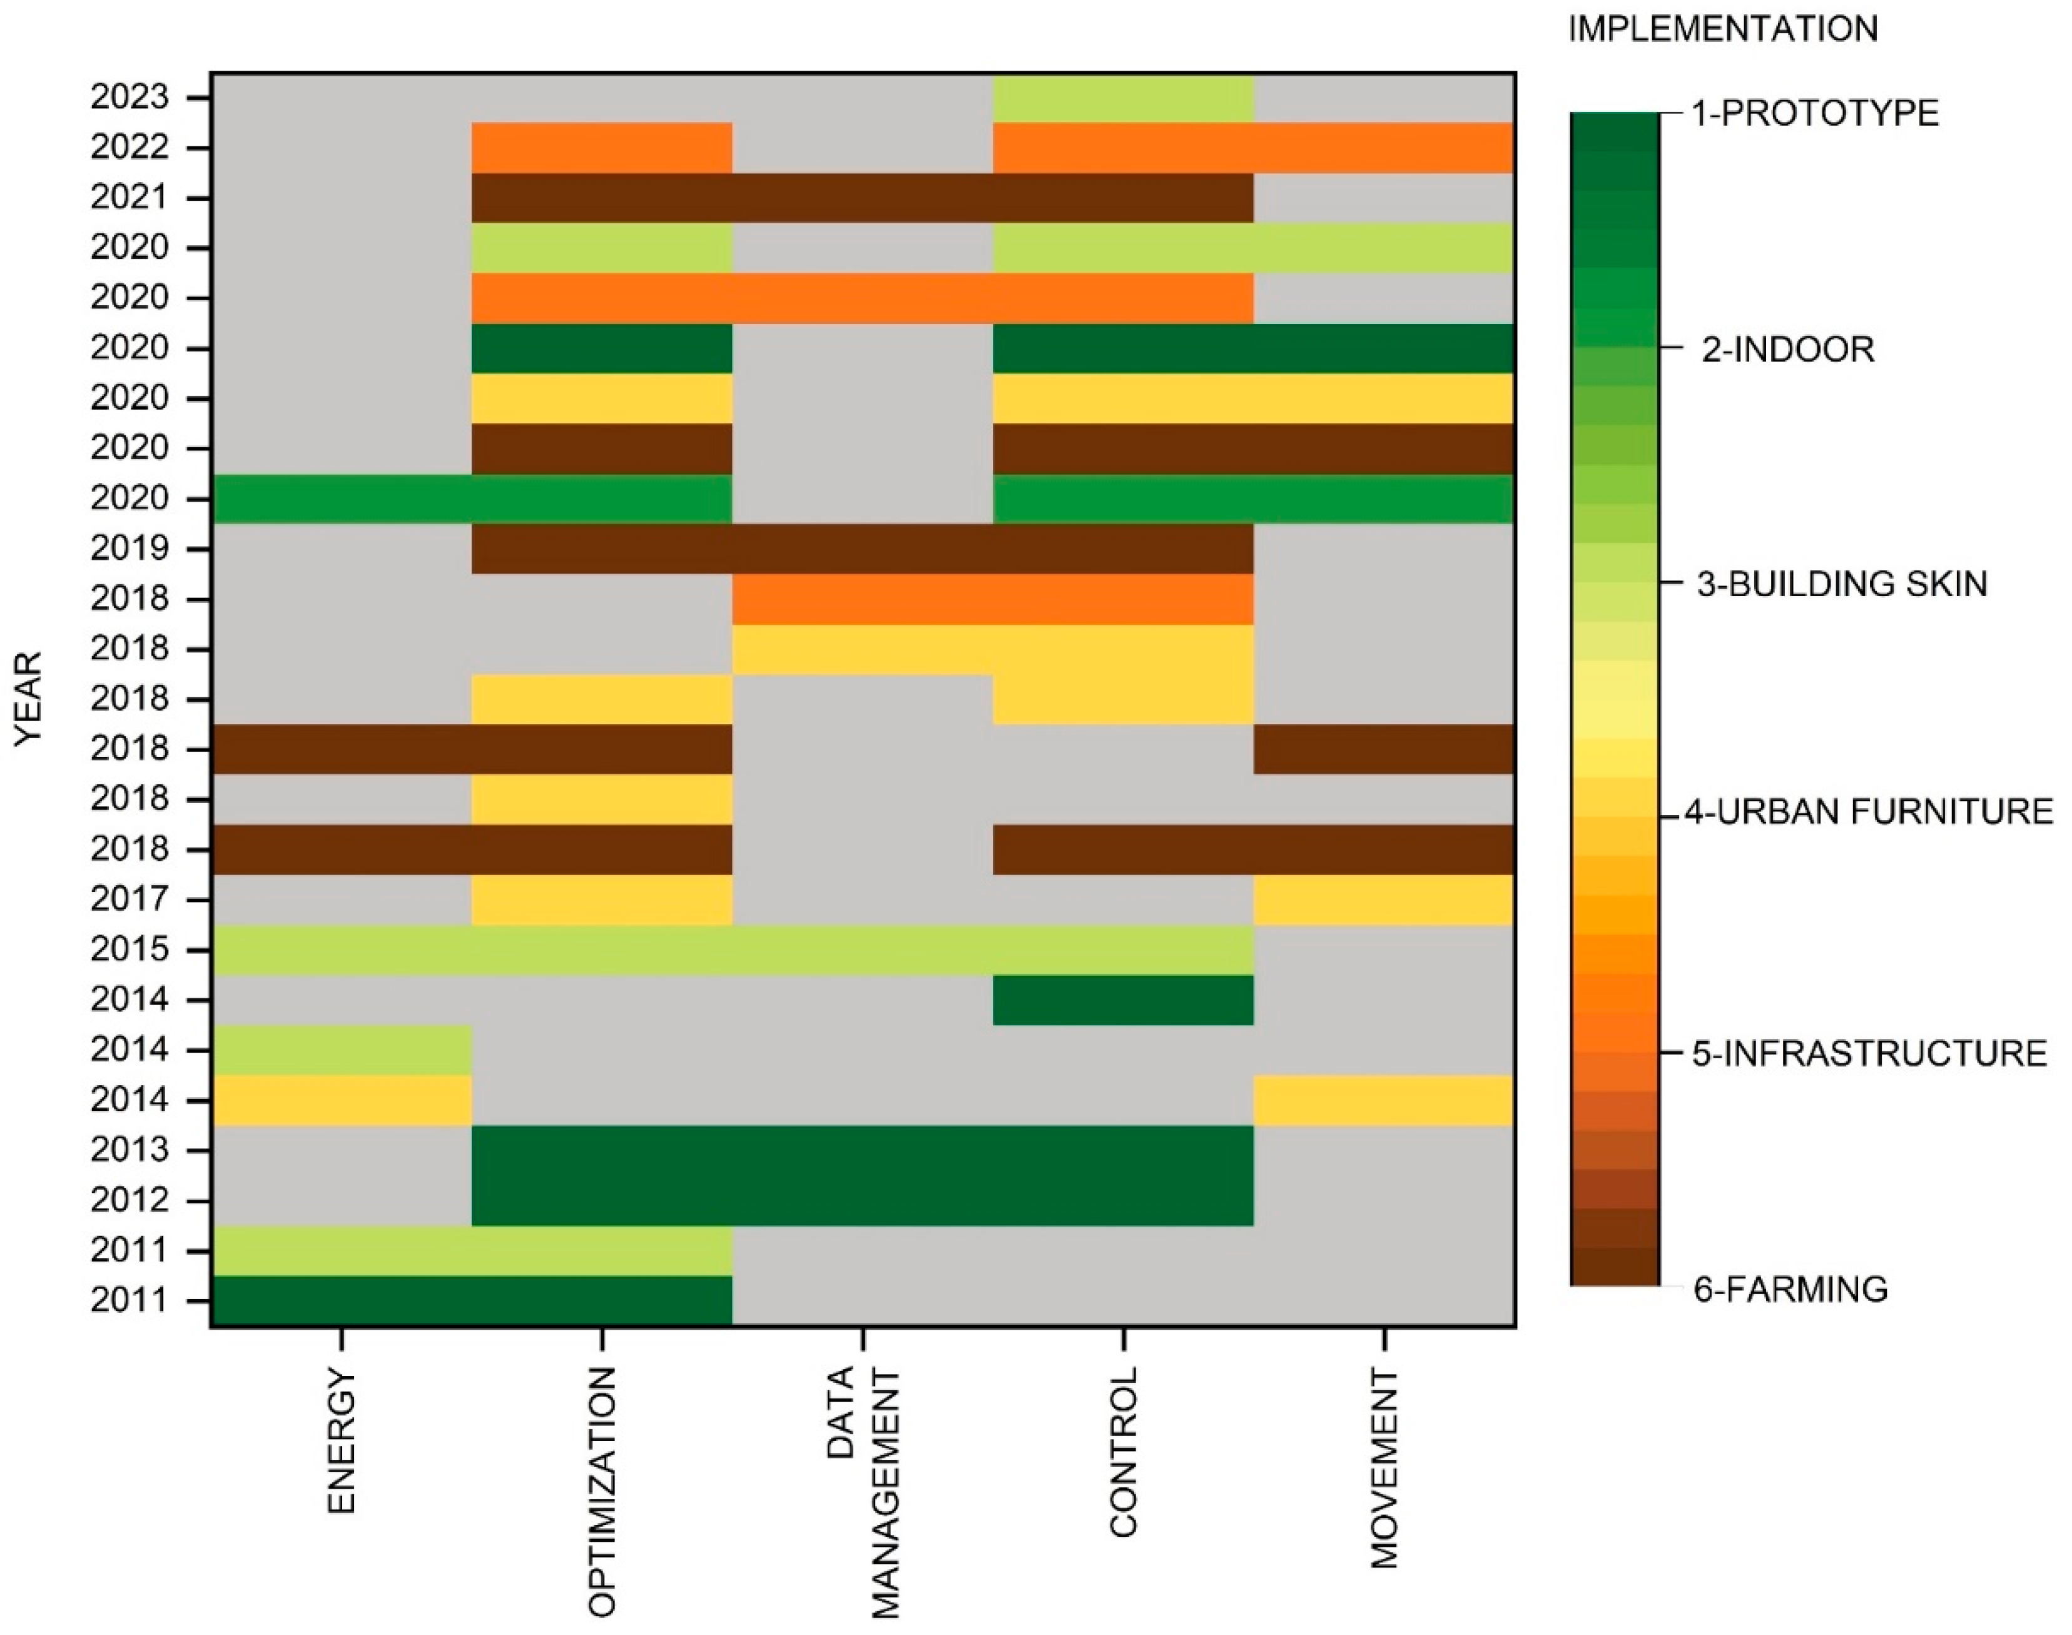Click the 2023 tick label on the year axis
point(129,98)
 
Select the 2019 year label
point(129,549)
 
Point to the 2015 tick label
point(129,949)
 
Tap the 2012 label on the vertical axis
point(129,1200)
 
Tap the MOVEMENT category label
point(1384,1455)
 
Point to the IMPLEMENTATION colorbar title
point(1722,29)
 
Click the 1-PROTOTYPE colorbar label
point(1814,114)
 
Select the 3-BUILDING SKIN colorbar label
point(1841,584)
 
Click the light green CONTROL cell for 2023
point(1123,98)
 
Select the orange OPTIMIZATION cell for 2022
point(601,148)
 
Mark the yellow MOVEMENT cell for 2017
point(1384,900)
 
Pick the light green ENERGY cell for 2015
point(342,949)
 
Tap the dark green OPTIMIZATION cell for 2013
point(601,1150)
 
